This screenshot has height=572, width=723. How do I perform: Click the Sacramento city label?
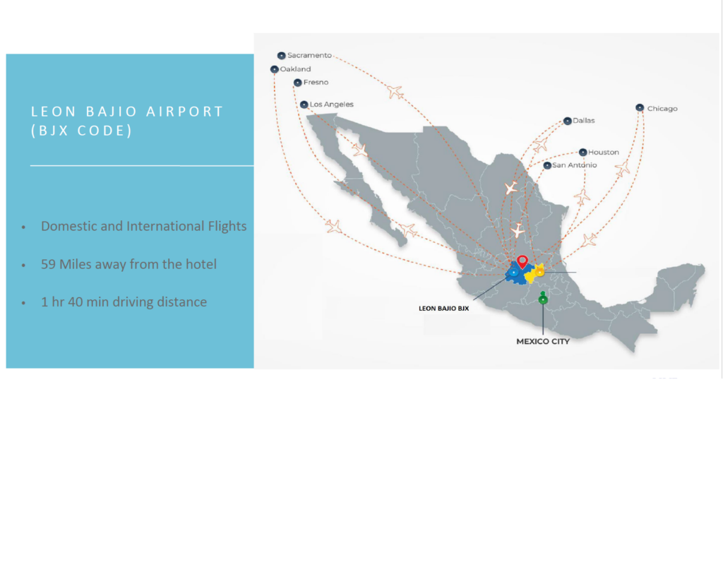point(309,55)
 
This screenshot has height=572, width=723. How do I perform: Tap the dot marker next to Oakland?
point(275,69)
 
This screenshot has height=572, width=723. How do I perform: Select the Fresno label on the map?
point(316,82)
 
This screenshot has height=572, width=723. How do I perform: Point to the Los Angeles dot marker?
point(304,105)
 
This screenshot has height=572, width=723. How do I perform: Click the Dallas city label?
point(584,120)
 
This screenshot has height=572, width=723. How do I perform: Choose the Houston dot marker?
point(582,153)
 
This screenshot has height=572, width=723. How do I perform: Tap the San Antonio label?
point(575,165)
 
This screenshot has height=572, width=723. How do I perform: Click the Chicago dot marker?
point(640,107)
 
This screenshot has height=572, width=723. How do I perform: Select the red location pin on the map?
point(522,261)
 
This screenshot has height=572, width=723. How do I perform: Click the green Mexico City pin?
point(543,299)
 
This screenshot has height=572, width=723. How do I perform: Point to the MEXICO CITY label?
point(543,341)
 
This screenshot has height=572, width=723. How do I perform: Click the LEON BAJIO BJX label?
point(443,308)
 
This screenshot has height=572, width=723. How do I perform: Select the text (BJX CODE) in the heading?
point(82,131)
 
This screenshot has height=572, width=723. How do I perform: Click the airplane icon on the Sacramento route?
point(395,91)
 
